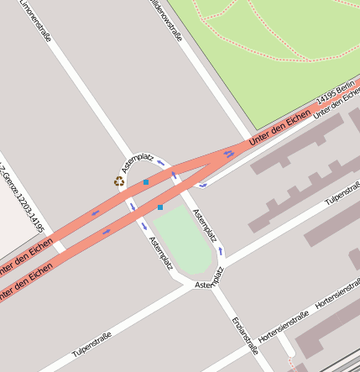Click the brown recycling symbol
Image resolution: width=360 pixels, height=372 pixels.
coord(120,181)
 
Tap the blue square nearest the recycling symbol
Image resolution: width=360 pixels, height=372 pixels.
coord(146,181)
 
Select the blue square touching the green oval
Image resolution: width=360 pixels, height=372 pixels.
coord(160,207)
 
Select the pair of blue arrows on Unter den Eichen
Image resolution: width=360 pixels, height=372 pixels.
coord(229,154)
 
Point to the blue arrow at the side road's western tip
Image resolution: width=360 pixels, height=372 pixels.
coord(202,183)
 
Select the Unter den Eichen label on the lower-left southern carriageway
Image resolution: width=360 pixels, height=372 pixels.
coord(25,284)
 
